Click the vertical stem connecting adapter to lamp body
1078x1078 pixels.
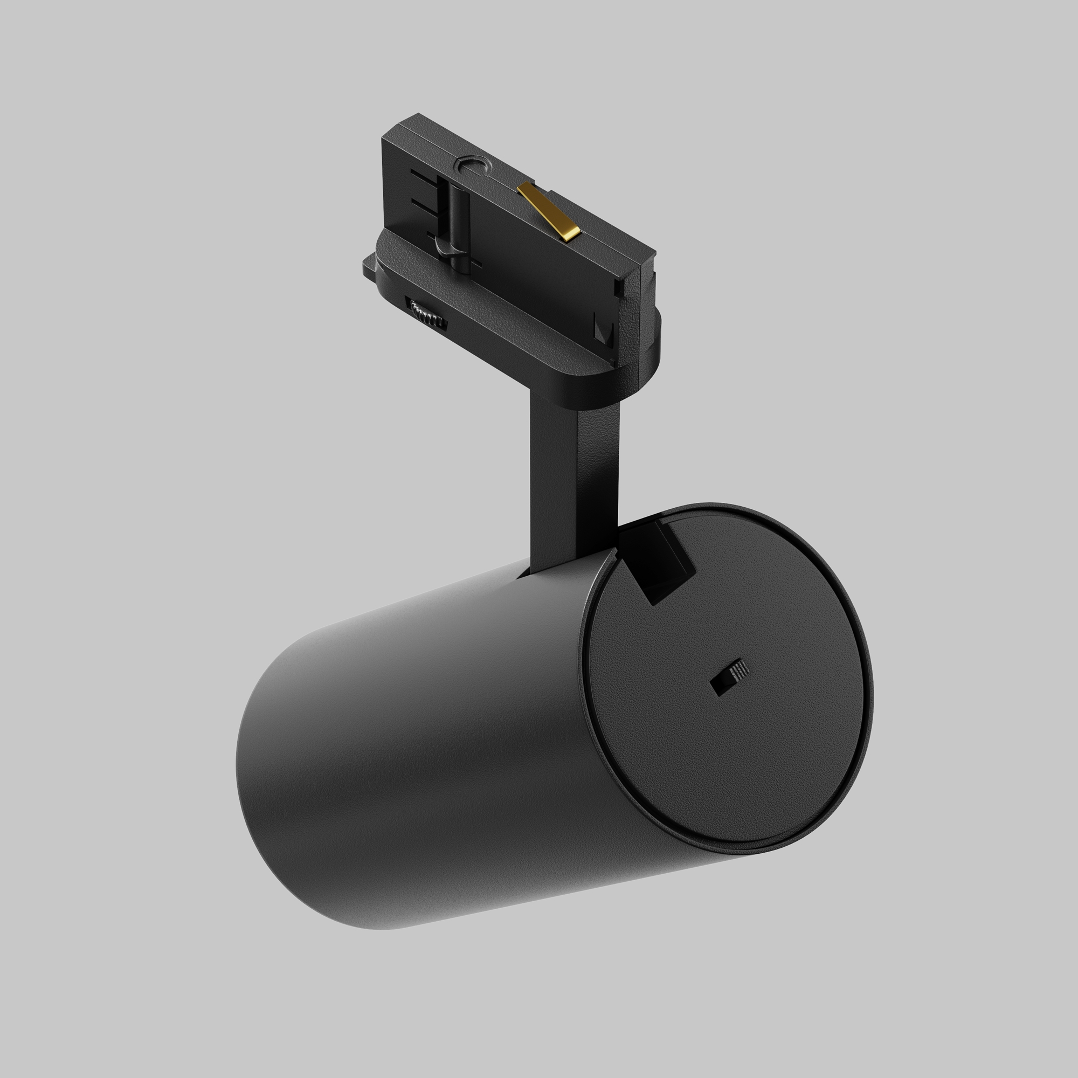575,480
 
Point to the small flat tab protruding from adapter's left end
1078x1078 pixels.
369,266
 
